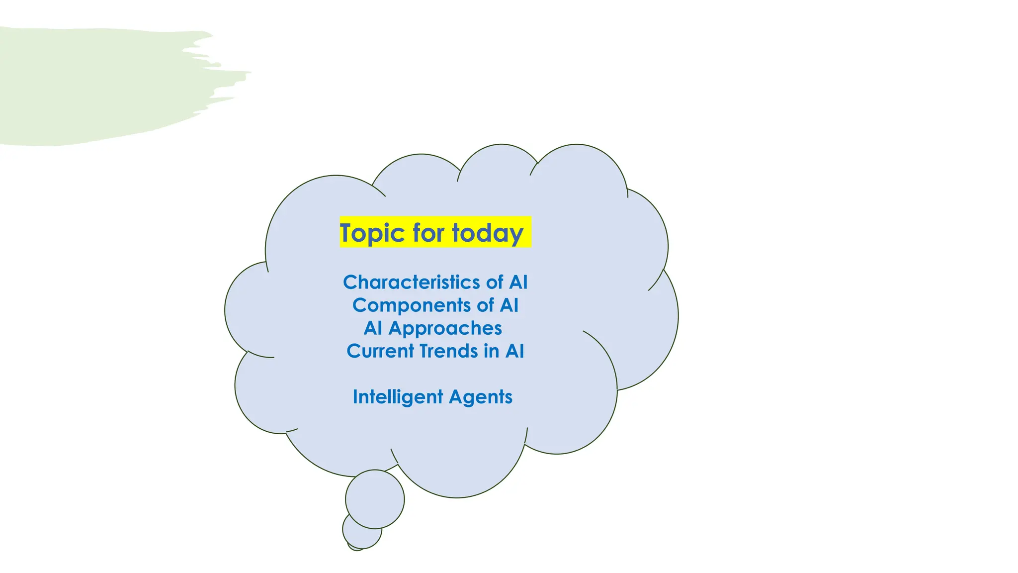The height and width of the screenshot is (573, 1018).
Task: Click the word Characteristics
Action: pyautogui.click(x=412, y=282)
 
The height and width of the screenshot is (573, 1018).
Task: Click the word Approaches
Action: pyautogui.click(x=445, y=328)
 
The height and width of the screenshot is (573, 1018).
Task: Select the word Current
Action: pyautogui.click(x=380, y=351)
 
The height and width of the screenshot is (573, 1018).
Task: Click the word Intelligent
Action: pyautogui.click(x=398, y=396)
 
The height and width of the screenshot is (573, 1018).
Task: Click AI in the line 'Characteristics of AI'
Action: pyautogui.click(x=518, y=282)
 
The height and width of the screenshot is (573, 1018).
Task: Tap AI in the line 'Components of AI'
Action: pyautogui.click(x=509, y=305)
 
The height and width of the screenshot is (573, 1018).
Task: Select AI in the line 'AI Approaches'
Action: pyautogui.click(x=373, y=328)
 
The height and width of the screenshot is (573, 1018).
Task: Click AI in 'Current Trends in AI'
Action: pyautogui.click(x=514, y=351)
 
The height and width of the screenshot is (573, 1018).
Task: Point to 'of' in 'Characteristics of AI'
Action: pyautogui.click(x=495, y=282)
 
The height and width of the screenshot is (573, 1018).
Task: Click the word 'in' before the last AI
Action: pyautogui.click(x=491, y=351)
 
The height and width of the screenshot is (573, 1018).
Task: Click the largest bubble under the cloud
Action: pyautogui.click(x=375, y=499)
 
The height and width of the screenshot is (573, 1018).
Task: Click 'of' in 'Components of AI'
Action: pyautogui.click(x=485, y=305)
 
